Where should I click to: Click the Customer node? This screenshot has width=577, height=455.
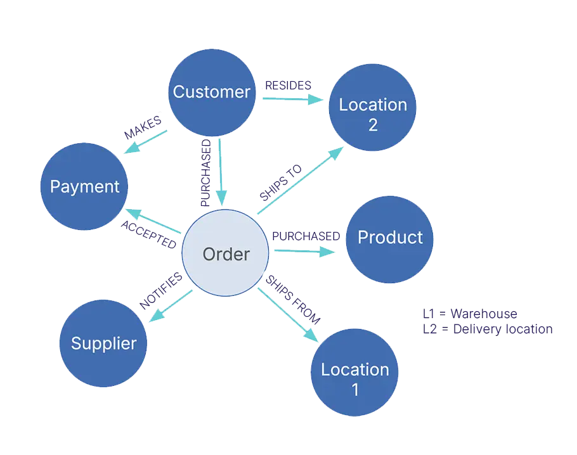pos(212,91)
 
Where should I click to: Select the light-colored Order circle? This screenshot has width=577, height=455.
pos(226,253)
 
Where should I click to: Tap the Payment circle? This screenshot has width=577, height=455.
pos(85,186)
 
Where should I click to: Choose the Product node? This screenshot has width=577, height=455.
pos(389,238)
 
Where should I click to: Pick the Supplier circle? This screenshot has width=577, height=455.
pos(103,343)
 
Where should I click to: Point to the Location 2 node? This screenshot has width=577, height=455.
pos(372,108)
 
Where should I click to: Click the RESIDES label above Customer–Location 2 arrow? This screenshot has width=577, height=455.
pos(288,84)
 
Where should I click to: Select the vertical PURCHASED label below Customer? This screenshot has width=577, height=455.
pos(205,171)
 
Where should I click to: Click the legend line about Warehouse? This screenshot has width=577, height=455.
pos(470,313)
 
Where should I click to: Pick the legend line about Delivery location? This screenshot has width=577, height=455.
pos(486,328)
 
